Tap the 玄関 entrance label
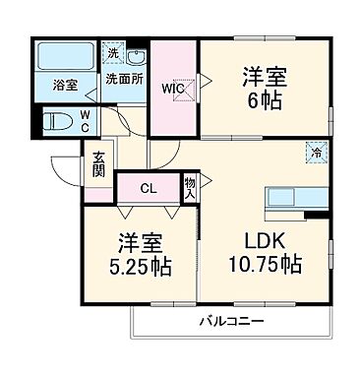tap(100, 162)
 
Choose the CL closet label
tap(147, 189)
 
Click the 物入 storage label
tap(191, 188)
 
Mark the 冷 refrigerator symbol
tap(317, 152)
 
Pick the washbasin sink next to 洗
tap(136, 56)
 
